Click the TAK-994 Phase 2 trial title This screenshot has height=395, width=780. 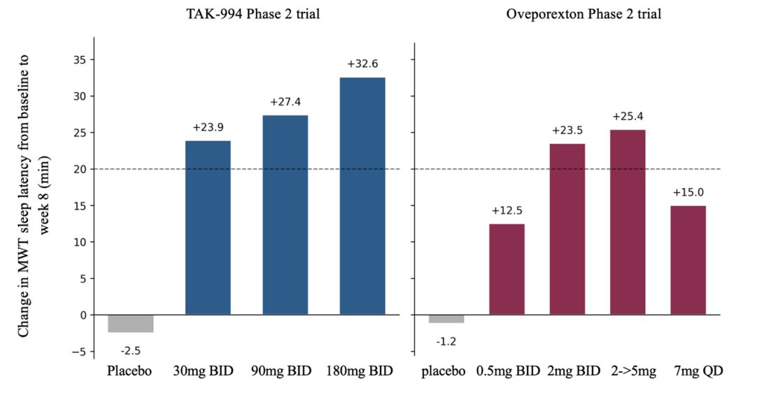253,14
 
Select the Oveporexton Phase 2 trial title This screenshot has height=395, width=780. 583,14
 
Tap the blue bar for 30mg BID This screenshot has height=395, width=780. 208,227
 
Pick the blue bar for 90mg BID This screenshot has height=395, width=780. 285,215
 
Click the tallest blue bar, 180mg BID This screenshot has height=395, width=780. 362,196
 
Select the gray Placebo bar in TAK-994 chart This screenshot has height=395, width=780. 131,324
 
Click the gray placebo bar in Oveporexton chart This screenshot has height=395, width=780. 446,319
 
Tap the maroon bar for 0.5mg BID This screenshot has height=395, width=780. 507,269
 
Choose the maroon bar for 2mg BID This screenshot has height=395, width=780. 567,229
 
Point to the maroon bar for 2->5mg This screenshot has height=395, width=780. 627,222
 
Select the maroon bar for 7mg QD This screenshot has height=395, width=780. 688,260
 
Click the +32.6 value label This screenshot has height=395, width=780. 362,64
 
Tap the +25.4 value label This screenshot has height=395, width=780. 627,117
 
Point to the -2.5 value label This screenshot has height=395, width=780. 130,351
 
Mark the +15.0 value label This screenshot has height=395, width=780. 688,193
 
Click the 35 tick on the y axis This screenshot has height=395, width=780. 80,59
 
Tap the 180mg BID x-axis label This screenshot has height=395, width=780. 360,371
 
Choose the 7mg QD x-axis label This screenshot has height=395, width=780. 698,371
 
